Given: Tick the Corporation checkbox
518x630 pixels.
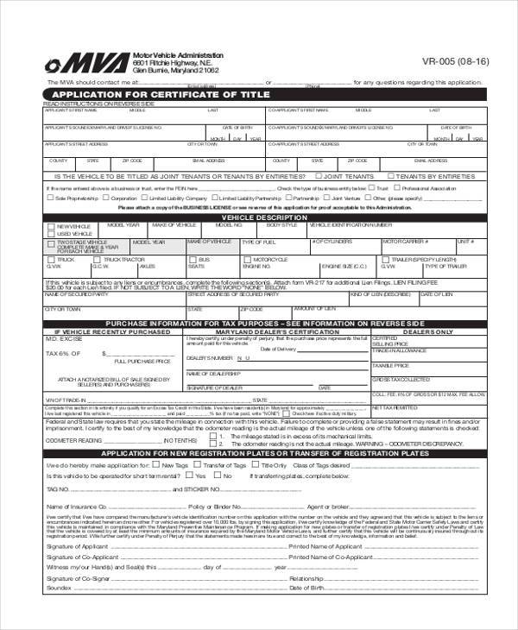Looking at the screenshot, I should coord(105,198).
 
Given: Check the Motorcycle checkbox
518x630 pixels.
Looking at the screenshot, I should coord(247,259).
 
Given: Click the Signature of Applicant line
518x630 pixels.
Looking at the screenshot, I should coord(186,545).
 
